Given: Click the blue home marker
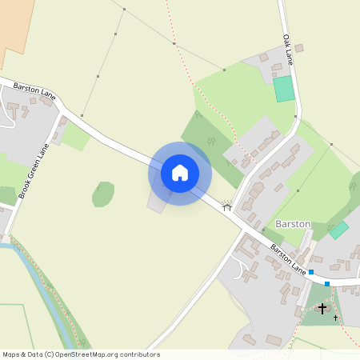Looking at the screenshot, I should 179,172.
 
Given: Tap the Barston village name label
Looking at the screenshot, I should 292,225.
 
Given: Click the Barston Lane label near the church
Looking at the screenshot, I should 287,256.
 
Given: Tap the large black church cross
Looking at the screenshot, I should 322,308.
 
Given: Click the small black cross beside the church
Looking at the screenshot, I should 335,318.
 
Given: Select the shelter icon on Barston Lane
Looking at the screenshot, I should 226,206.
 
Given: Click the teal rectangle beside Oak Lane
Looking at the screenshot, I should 283,89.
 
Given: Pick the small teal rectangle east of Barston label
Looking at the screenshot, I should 339,230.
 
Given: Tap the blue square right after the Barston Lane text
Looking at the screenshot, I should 311,272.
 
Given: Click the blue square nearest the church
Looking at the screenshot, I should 326,283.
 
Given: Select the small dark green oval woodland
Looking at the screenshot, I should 102,194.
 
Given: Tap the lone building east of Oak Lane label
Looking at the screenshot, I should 299,48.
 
